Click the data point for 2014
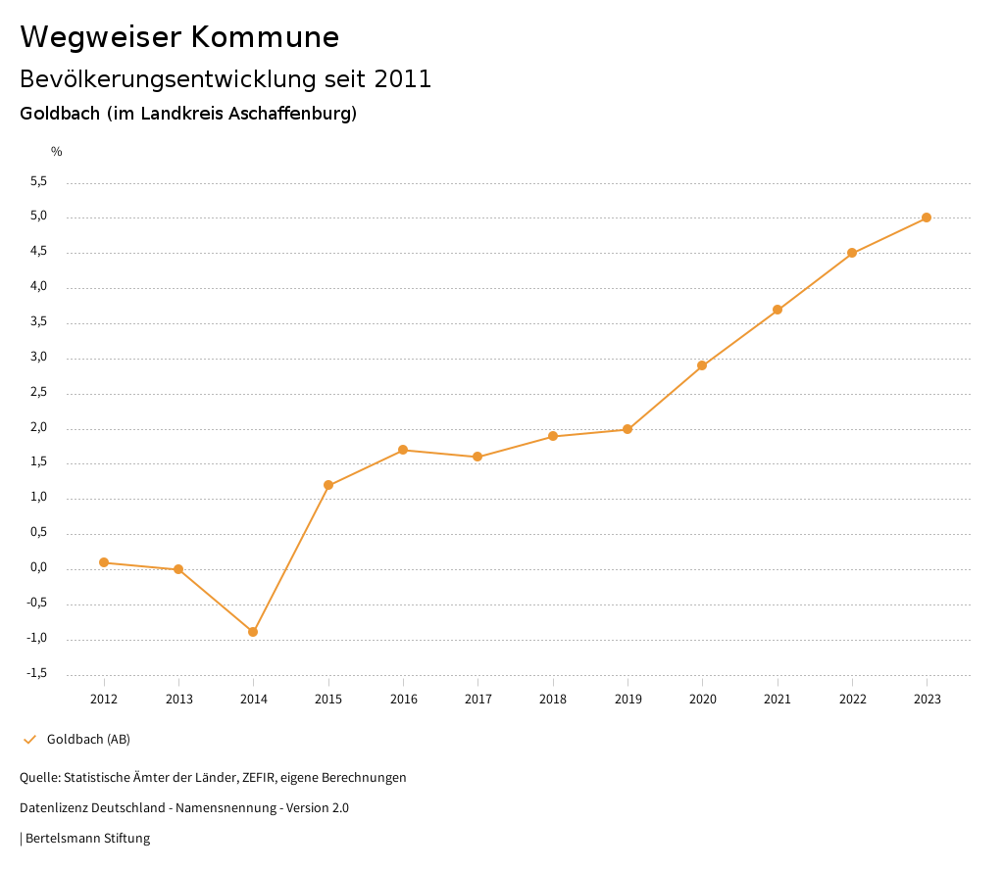point(253,632)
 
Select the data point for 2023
point(927,217)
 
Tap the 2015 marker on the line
point(328,485)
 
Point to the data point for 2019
point(627,429)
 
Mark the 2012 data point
point(104,562)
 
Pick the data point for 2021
point(778,310)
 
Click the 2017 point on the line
point(477,457)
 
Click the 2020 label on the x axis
point(702,699)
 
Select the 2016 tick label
point(403,699)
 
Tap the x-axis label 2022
point(852,699)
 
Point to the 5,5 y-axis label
point(38,181)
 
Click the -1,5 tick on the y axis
point(36,673)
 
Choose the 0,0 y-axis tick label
point(38,567)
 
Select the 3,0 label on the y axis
point(38,357)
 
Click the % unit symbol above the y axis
point(57,151)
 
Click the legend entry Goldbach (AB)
point(88,739)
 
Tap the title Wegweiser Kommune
point(179,37)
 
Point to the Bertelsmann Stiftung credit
point(87,838)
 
